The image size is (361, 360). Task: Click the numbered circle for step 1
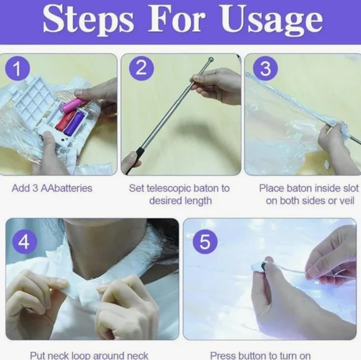(x=17, y=68)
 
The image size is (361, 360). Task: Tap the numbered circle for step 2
(x=141, y=68)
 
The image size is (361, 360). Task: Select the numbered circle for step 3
(x=265, y=68)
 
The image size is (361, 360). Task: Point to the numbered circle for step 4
(x=24, y=242)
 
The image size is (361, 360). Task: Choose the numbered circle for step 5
(x=205, y=242)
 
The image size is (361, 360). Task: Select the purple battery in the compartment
(x=73, y=122)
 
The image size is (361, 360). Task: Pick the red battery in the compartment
(x=65, y=120)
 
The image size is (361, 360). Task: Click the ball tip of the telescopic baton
(x=211, y=60)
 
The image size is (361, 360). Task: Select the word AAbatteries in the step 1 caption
(x=67, y=188)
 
